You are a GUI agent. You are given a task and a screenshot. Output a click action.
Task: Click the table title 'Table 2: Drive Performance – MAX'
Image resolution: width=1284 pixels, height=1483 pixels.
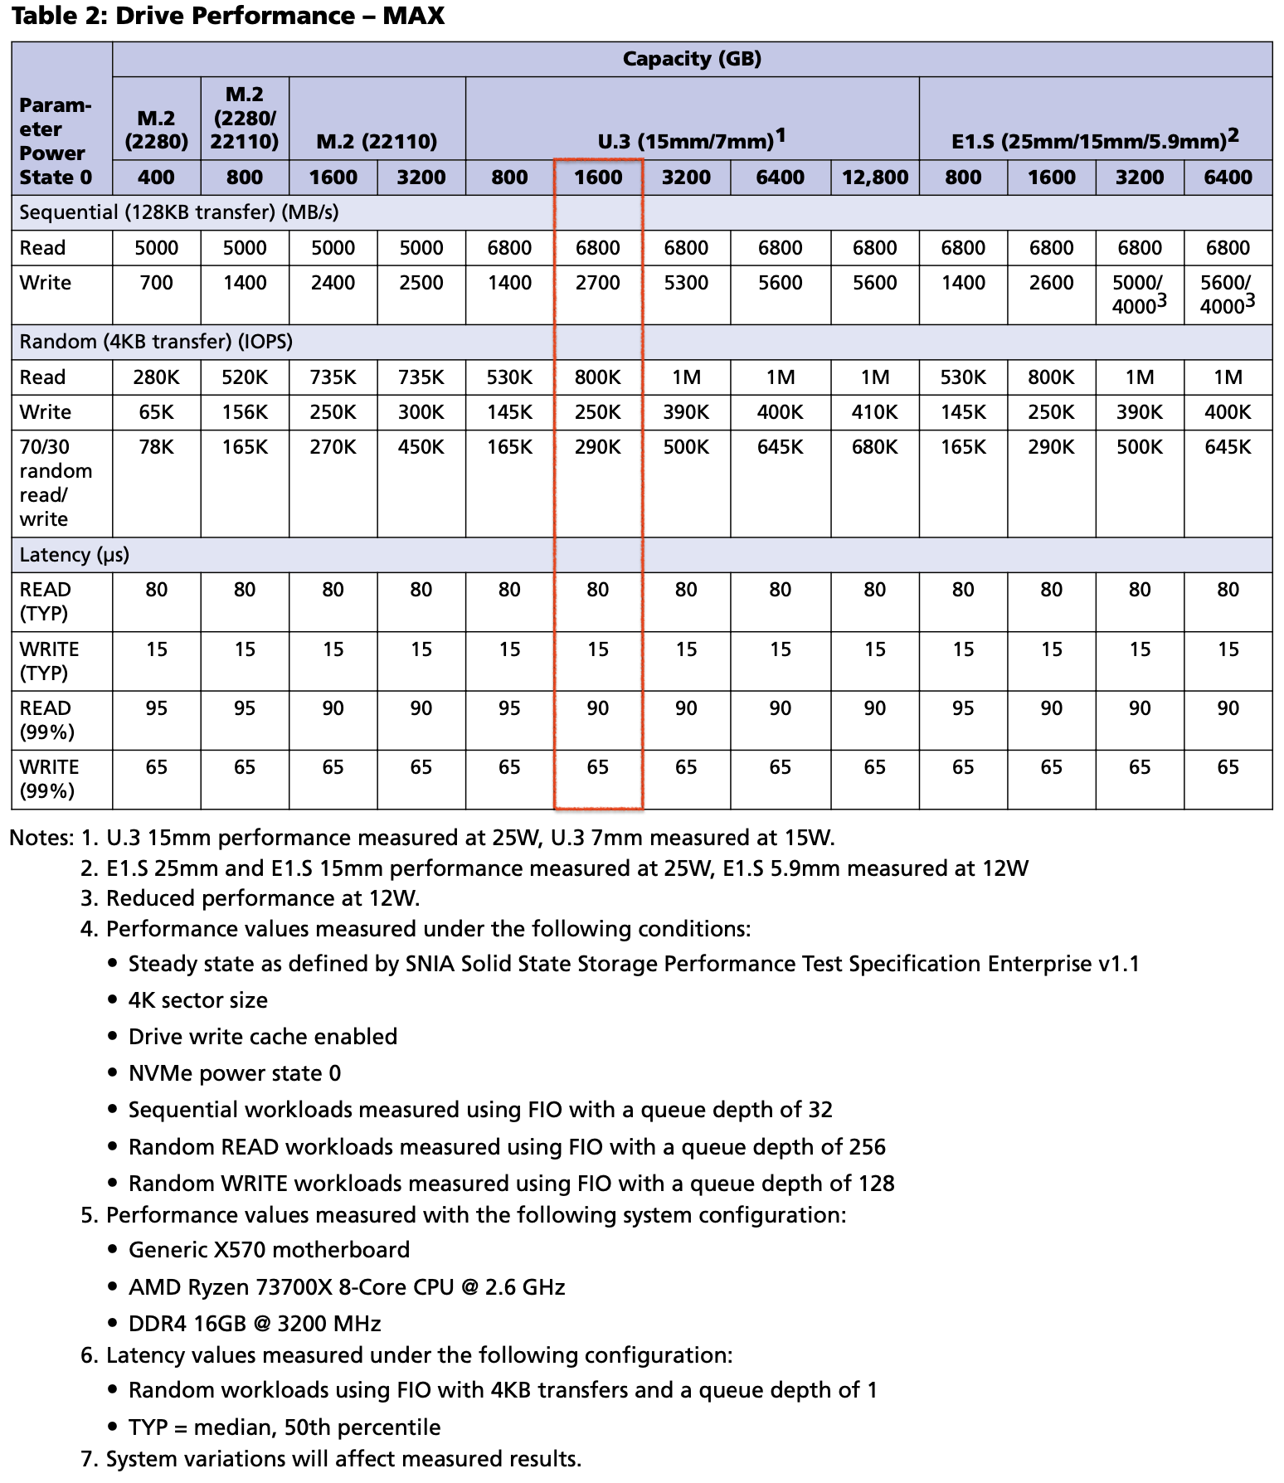pyautogui.click(x=227, y=16)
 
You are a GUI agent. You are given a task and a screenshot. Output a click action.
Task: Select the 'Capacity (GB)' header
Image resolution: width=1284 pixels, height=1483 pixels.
pyautogui.click(x=691, y=59)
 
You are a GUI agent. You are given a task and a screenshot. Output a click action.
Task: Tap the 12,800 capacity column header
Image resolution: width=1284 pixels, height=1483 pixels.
pyautogui.click(x=874, y=177)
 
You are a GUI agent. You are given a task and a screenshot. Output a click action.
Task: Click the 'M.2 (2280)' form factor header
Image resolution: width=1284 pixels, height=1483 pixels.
pyautogui.click(x=156, y=129)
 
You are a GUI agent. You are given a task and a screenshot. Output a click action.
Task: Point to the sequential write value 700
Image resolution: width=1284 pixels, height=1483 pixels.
pyautogui.click(x=156, y=283)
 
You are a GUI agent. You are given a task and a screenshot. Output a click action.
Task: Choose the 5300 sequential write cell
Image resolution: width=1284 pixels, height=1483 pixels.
pyautogui.click(x=686, y=283)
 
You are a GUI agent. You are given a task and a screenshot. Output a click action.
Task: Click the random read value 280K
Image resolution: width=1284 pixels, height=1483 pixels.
pyautogui.click(x=156, y=377)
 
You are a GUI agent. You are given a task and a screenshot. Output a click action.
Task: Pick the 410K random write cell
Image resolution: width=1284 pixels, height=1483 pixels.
pyautogui.click(x=874, y=412)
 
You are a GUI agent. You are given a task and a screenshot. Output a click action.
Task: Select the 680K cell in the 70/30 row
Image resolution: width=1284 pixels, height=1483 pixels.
pyautogui.click(x=874, y=447)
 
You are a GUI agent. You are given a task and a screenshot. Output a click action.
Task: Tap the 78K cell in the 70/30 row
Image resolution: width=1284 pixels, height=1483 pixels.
pyautogui.click(x=156, y=447)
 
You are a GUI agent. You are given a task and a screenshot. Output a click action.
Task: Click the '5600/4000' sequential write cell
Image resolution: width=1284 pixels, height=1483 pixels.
pyautogui.click(x=1227, y=294)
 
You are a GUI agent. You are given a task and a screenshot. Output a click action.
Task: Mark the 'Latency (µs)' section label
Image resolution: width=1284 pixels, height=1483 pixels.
pyautogui.click(x=74, y=555)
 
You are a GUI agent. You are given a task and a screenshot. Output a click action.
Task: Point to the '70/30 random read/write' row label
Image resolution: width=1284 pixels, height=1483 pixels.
pyautogui.click(x=56, y=483)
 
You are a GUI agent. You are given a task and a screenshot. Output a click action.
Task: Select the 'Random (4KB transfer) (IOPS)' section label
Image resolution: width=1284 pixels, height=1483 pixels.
pyautogui.click(x=156, y=342)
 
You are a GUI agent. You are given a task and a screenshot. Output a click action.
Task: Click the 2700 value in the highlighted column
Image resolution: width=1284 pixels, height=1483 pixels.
pyautogui.click(x=597, y=283)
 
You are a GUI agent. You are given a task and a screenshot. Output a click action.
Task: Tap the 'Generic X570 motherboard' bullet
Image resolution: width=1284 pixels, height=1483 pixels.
pyautogui.click(x=269, y=1250)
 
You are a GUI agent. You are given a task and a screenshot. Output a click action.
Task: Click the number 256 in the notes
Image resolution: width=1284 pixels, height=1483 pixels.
pyautogui.click(x=865, y=1147)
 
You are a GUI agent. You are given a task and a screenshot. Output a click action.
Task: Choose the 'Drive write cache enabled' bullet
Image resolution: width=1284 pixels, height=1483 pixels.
pyautogui.click(x=262, y=1037)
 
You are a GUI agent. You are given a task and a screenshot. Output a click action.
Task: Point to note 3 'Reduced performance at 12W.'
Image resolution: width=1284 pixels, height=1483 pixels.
pyautogui.click(x=262, y=898)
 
